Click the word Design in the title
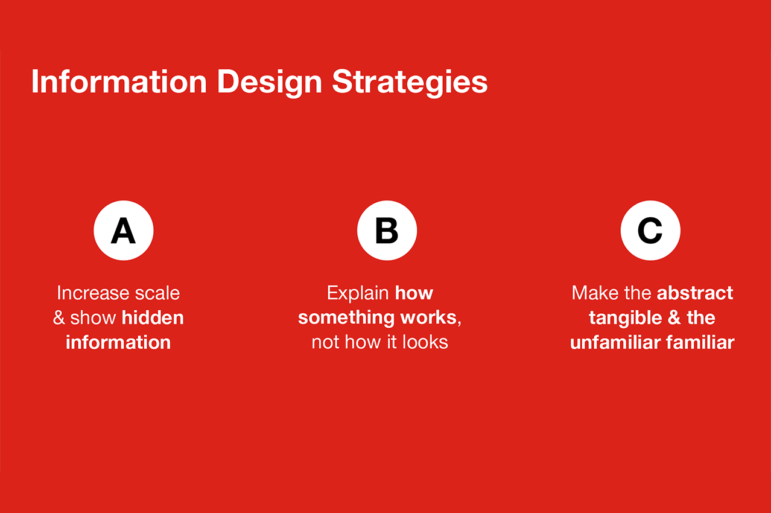click(270, 83)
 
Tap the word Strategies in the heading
click(410, 83)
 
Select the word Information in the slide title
click(119, 81)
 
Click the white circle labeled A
click(124, 231)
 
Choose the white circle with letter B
click(387, 231)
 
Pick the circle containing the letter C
click(650, 231)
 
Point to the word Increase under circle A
click(93, 293)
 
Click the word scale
click(157, 293)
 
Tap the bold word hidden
click(153, 317)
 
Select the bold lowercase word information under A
click(118, 342)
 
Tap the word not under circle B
click(326, 343)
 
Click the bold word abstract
click(695, 293)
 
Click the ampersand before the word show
click(59, 317)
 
